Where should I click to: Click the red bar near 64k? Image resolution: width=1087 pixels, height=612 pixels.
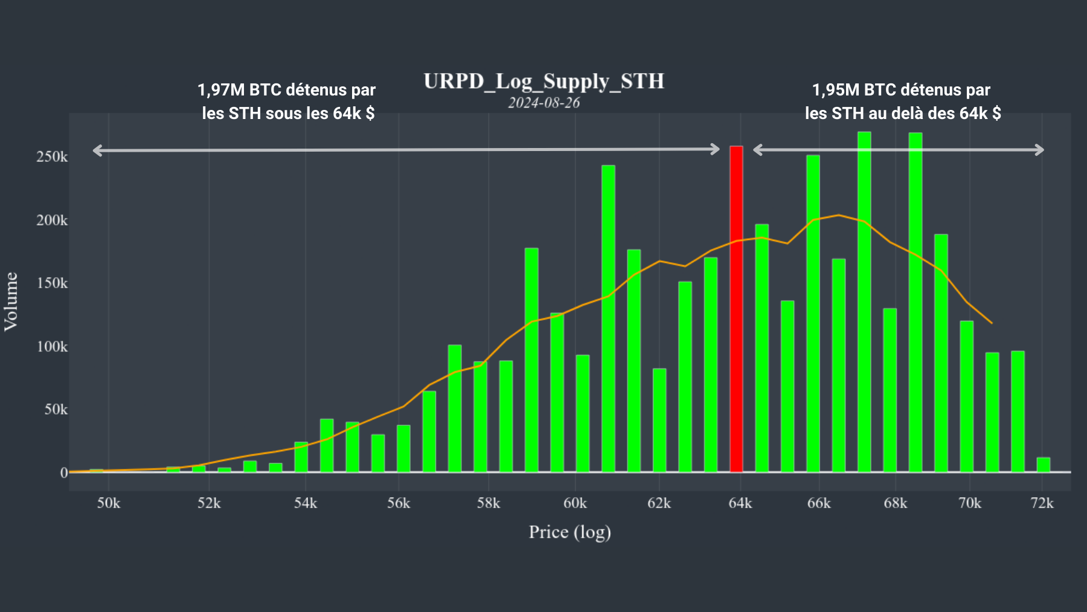pyautogui.click(x=736, y=308)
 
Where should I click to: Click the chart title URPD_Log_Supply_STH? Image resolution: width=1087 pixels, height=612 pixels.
pyautogui.click(x=543, y=81)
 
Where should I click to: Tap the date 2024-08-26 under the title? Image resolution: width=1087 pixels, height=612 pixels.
pyautogui.click(x=543, y=103)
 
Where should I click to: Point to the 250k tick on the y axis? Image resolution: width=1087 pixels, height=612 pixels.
pyautogui.click(x=52, y=157)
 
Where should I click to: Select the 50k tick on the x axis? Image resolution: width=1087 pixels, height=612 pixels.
pyautogui.click(x=109, y=503)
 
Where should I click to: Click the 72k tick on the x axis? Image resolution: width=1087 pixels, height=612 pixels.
pyautogui.click(x=1042, y=503)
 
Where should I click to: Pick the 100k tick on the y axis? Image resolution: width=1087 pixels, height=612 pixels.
pyautogui.click(x=52, y=347)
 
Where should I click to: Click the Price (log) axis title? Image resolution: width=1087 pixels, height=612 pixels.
pyautogui.click(x=569, y=532)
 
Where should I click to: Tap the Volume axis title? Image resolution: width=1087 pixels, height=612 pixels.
pyautogui.click(x=11, y=301)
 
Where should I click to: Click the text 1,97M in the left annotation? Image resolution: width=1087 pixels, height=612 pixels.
pyautogui.click(x=221, y=90)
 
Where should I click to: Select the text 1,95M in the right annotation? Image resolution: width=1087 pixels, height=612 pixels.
pyautogui.click(x=836, y=90)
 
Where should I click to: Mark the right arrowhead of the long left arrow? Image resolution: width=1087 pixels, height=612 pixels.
pyautogui.click(x=716, y=149)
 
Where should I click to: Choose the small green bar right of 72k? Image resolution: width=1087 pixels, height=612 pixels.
pyautogui.click(x=1044, y=465)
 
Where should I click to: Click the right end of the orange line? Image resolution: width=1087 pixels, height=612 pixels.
pyautogui.click(x=992, y=323)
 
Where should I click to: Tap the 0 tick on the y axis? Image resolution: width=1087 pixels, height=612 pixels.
pyautogui.click(x=63, y=473)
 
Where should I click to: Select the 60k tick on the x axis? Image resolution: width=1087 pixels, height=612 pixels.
pyautogui.click(x=575, y=503)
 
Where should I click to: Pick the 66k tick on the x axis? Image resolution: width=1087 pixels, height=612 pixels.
pyautogui.click(x=819, y=503)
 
